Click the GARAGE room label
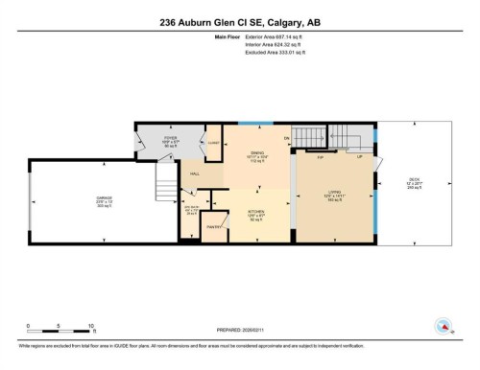click(77, 197)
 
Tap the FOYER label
click(171, 138)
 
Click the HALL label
click(195, 173)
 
